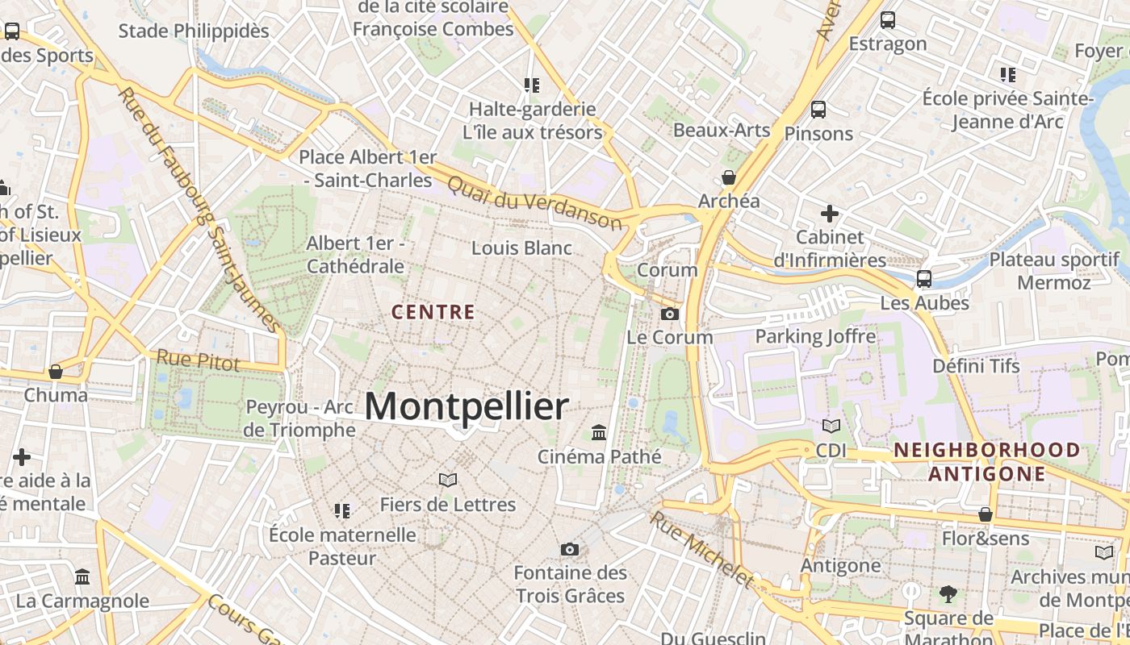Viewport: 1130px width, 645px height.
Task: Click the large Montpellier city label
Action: (x=467, y=407)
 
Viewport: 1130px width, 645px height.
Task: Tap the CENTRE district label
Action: (x=433, y=312)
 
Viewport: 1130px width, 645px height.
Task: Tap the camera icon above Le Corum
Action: (x=670, y=314)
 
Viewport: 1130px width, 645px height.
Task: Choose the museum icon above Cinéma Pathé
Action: (x=599, y=433)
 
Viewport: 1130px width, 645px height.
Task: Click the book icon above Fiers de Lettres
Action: (x=448, y=481)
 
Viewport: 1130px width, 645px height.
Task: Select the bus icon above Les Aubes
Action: (x=924, y=279)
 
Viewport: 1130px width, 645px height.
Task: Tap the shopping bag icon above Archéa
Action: (x=729, y=177)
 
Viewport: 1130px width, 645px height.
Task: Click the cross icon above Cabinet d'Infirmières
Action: (x=830, y=214)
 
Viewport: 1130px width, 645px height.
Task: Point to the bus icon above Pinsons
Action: (x=818, y=110)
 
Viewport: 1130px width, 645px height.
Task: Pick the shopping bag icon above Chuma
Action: (x=56, y=372)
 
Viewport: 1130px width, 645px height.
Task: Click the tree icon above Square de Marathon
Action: (x=948, y=595)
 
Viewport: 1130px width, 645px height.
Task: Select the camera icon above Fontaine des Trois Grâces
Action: (x=570, y=549)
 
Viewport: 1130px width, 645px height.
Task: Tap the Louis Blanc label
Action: (x=521, y=248)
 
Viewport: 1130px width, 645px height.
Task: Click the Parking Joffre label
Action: (x=815, y=336)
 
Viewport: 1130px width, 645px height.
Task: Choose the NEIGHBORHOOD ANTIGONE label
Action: (x=986, y=461)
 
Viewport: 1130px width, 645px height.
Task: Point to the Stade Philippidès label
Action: (x=194, y=31)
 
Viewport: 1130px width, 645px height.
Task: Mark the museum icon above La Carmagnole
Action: (x=82, y=577)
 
